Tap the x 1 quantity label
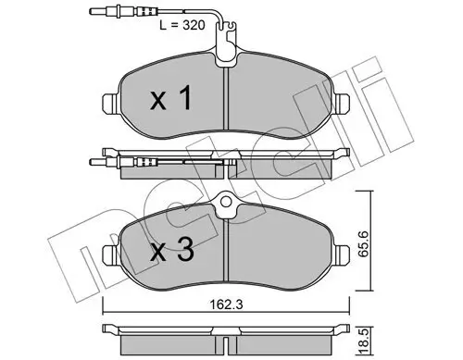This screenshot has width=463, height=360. click(172, 99)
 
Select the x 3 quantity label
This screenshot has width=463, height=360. click(171, 249)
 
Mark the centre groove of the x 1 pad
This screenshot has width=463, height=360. click(228, 102)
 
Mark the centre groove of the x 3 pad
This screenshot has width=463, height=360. click(228, 254)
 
